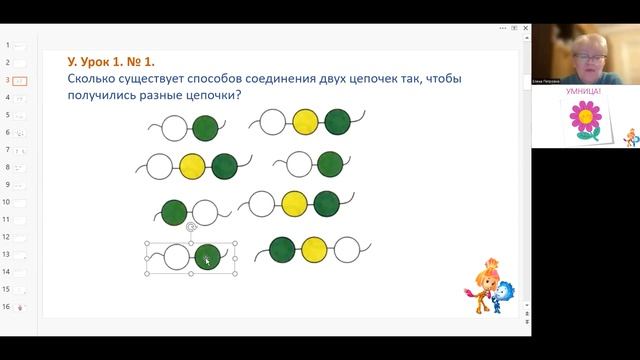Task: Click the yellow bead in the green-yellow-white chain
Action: (314, 249)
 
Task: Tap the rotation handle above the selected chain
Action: (191, 227)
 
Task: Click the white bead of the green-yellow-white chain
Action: (345, 249)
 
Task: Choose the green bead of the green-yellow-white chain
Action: (282, 249)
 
